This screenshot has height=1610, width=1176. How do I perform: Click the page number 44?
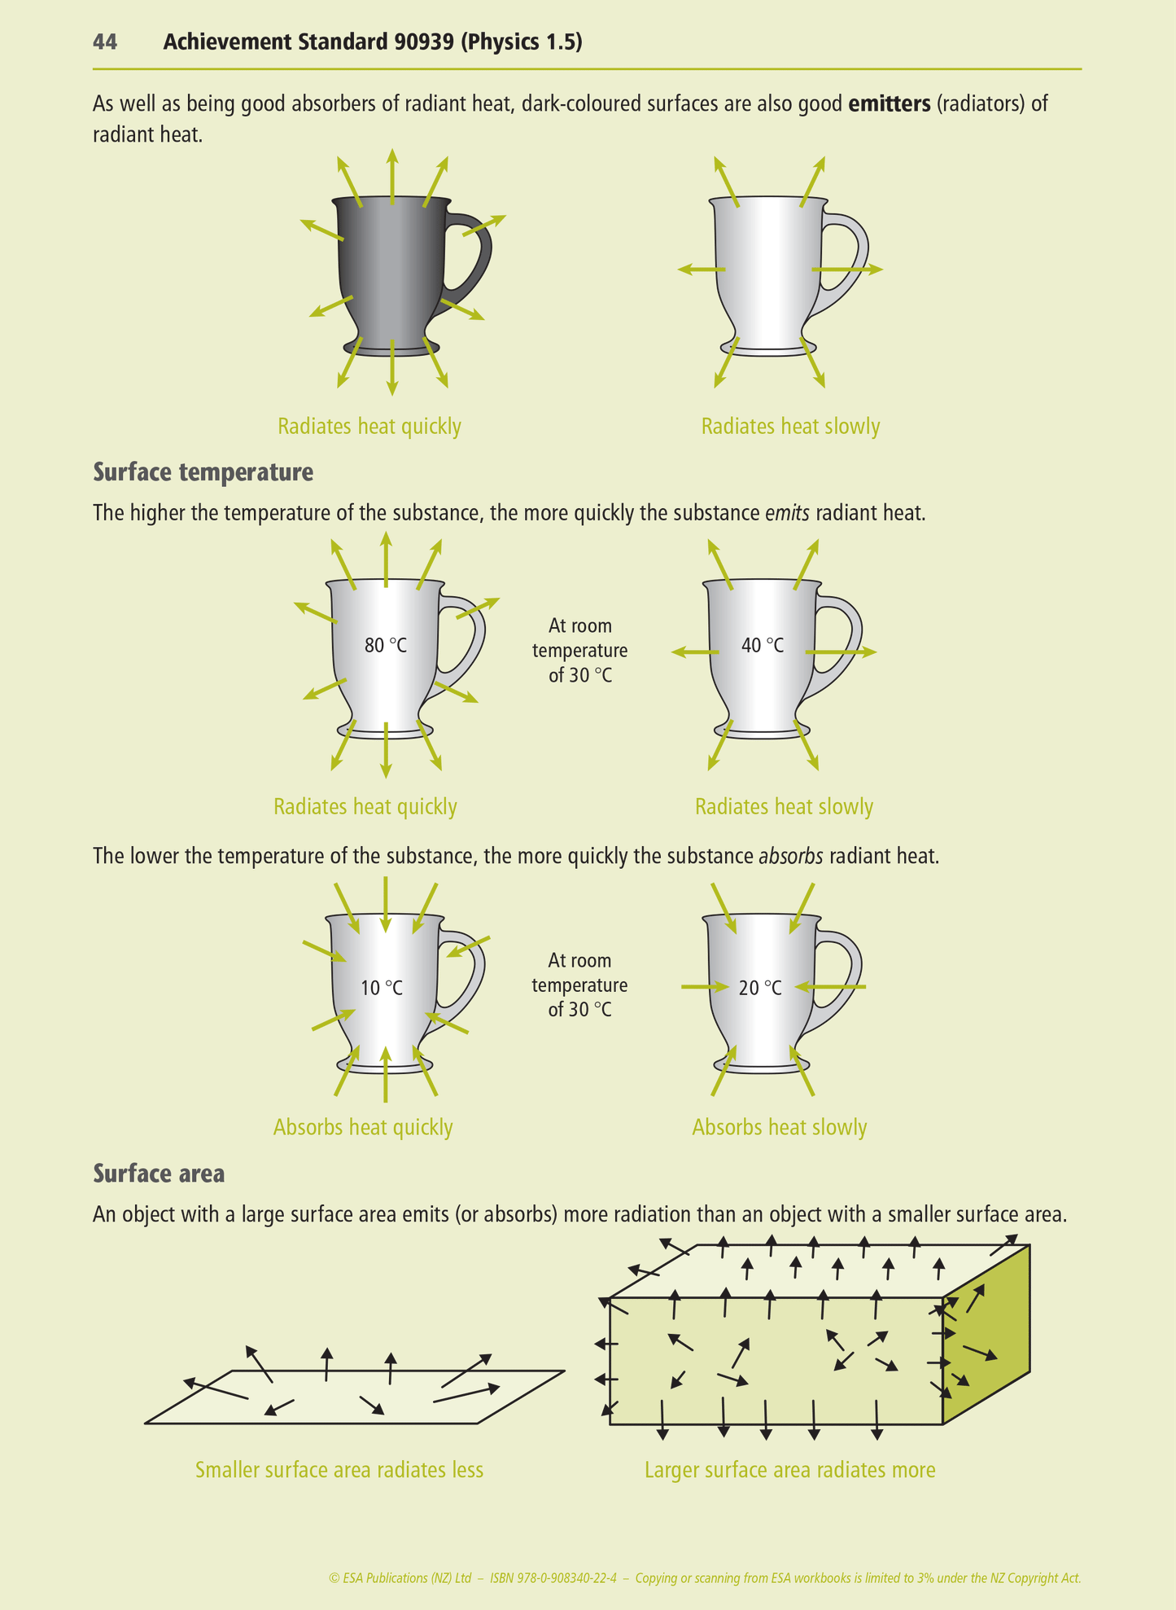[x=105, y=42]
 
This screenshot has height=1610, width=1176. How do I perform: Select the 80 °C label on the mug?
[x=386, y=646]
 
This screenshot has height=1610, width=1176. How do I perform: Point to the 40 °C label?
[x=763, y=646]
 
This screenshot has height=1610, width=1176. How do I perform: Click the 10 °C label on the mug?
[x=382, y=988]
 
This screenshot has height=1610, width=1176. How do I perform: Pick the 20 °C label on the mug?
[x=760, y=988]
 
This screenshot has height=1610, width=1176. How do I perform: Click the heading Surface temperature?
[x=203, y=472]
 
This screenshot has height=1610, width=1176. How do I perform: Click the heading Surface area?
[x=159, y=1174]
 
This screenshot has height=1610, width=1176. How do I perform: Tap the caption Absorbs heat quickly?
[x=363, y=1127]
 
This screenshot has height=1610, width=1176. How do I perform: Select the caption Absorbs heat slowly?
[x=779, y=1127]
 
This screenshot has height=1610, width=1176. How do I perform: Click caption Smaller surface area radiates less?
[x=339, y=1470]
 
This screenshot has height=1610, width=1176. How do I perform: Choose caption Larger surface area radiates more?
[x=789, y=1470]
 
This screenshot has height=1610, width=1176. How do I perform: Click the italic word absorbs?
[x=790, y=857]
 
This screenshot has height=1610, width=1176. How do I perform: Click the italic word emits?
[x=787, y=513]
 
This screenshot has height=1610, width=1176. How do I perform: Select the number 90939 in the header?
[x=423, y=42]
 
